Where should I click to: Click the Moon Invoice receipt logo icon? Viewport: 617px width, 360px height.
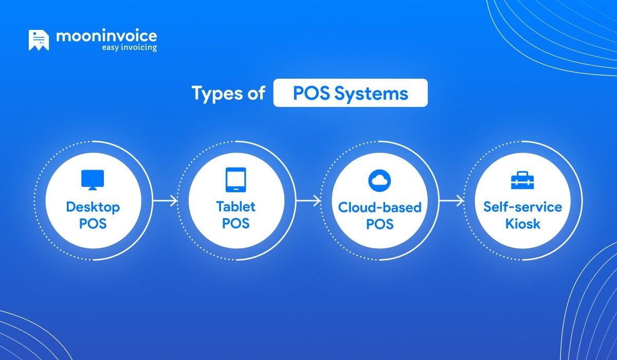[x=39, y=41]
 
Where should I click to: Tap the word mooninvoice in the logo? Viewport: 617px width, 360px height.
[x=106, y=37]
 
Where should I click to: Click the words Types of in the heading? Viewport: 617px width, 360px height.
[x=228, y=93]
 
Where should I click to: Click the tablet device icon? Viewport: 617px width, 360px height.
[x=236, y=180]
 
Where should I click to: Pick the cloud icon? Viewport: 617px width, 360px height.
[x=379, y=180]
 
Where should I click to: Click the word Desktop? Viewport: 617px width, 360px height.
[x=93, y=207]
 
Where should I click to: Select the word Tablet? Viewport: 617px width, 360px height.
[x=236, y=207]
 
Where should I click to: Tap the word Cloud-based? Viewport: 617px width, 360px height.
[x=379, y=207]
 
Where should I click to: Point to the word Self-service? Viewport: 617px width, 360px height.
[x=522, y=207]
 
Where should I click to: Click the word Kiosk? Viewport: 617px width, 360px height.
[x=522, y=224]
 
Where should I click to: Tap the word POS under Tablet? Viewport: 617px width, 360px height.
[x=236, y=224]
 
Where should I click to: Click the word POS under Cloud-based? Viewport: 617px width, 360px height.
[x=379, y=224]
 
